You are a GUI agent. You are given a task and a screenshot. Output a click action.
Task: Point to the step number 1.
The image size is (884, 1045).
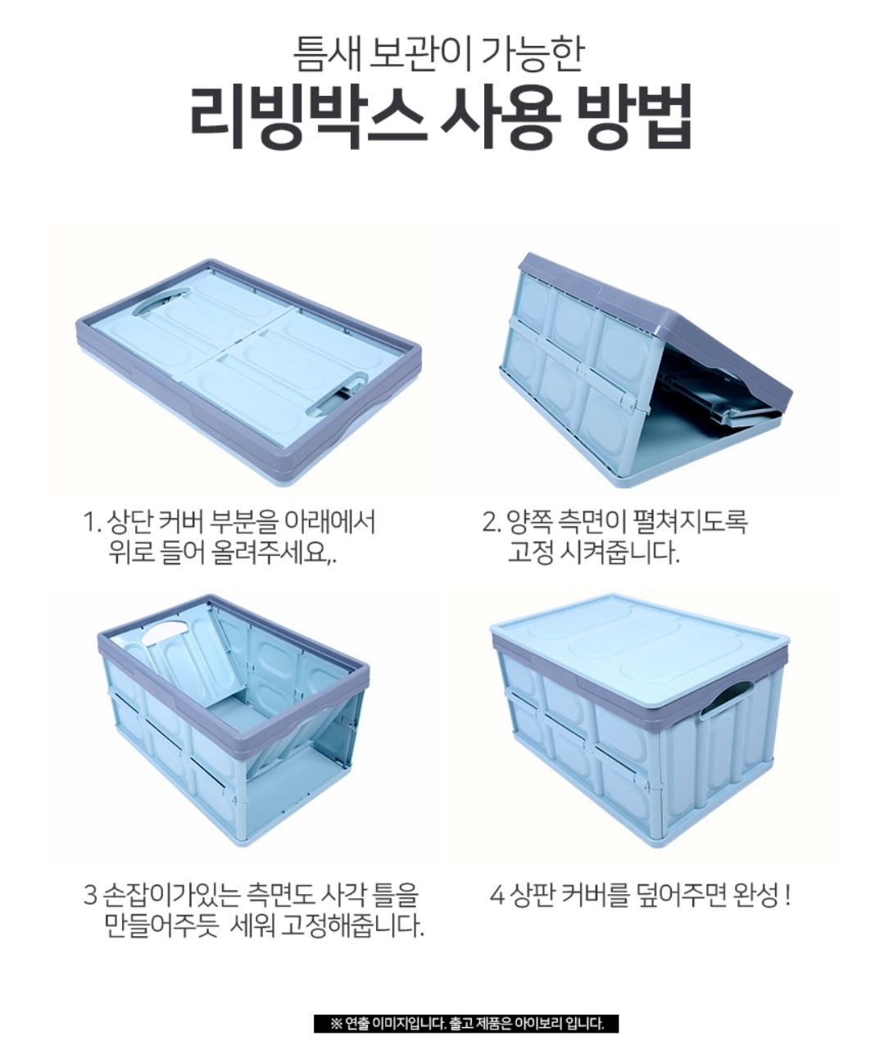click(89, 523)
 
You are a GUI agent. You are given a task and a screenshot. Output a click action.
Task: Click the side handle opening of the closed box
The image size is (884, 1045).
click(727, 698)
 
